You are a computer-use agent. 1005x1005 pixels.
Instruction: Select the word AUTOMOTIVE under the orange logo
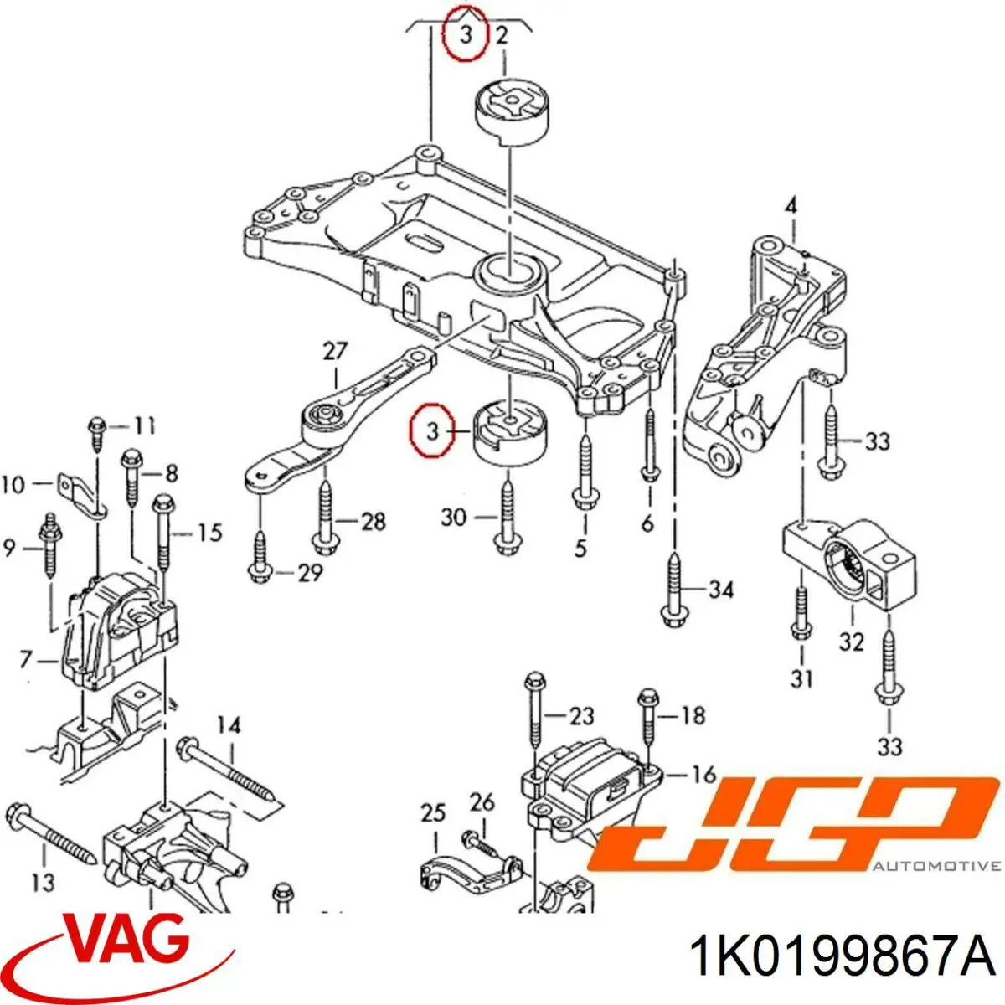tap(937, 867)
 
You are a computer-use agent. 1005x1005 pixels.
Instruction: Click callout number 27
tap(335, 351)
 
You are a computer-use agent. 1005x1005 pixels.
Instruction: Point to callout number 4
tap(791, 208)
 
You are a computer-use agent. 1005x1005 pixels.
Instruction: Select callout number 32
tap(852, 642)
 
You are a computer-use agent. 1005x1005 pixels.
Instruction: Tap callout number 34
tap(722, 590)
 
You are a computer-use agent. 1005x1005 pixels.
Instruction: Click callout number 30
tap(454, 518)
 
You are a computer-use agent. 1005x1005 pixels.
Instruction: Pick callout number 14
tap(229, 725)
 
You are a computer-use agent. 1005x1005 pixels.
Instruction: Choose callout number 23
tap(581, 715)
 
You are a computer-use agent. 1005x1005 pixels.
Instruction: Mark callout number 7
tap(26, 660)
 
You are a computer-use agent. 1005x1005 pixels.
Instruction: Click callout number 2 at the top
tap(502, 36)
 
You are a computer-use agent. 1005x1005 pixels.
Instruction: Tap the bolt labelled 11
tap(97, 432)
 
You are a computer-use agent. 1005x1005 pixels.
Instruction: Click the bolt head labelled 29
tap(259, 574)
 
